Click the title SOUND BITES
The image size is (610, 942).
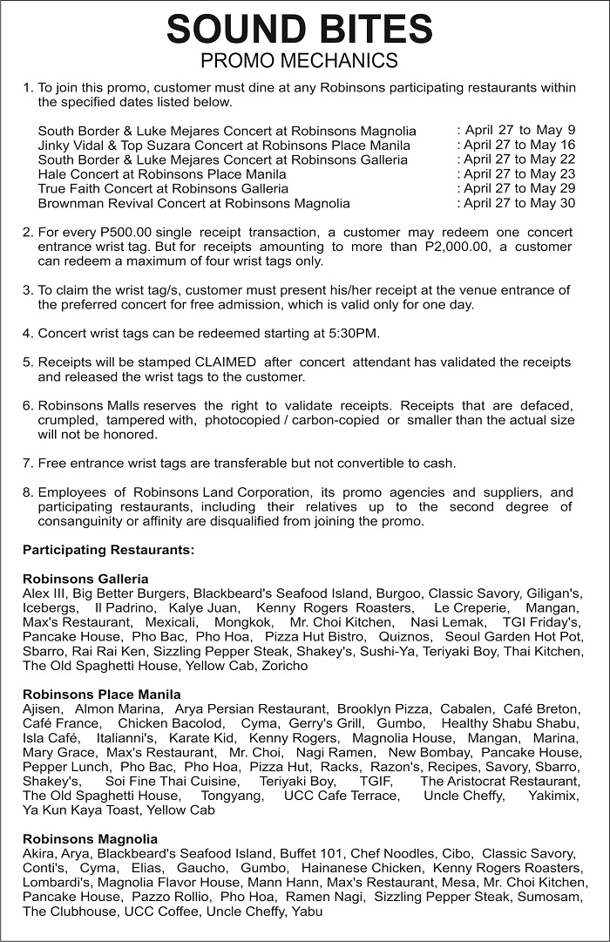[x=299, y=29]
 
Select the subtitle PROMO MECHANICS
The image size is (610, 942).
[x=299, y=60]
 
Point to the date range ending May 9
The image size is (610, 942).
[x=516, y=131]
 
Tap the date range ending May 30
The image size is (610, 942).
[x=516, y=203]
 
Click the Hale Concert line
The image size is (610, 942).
[x=162, y=174]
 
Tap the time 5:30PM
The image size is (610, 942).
[x=357, y=334]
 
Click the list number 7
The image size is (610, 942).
[x=27, y=463]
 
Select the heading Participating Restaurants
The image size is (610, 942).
[x=108, y=550]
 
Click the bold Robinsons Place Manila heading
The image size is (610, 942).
[x=102, y=695]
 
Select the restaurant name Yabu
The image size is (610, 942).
[x=308, y=912]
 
